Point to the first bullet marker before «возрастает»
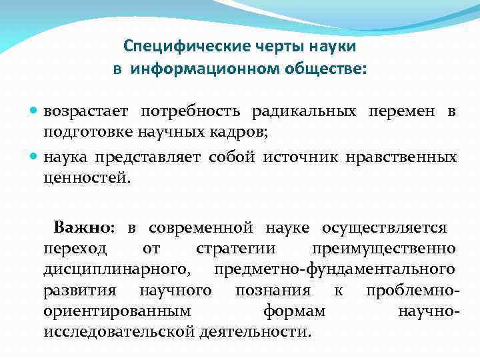coord(34,111)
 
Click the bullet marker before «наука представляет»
coord(34,158)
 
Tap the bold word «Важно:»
coord(85,228)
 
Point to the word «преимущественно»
coord(383,249)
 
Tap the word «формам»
coord(294,311)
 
